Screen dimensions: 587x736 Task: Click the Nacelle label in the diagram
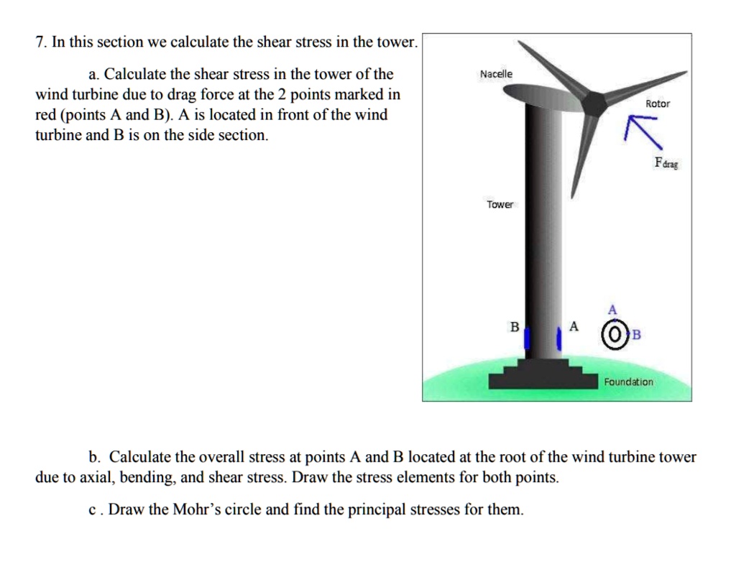pos(496,74)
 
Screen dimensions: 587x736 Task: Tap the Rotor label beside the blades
pos(657,103)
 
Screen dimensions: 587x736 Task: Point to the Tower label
pos(500,205)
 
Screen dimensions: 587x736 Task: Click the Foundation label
pos(628,382)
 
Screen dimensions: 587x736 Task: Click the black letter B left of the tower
pos(513,326)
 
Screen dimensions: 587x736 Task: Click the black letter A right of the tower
pos(573,326)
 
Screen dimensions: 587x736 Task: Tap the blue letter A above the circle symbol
pos(612,310)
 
